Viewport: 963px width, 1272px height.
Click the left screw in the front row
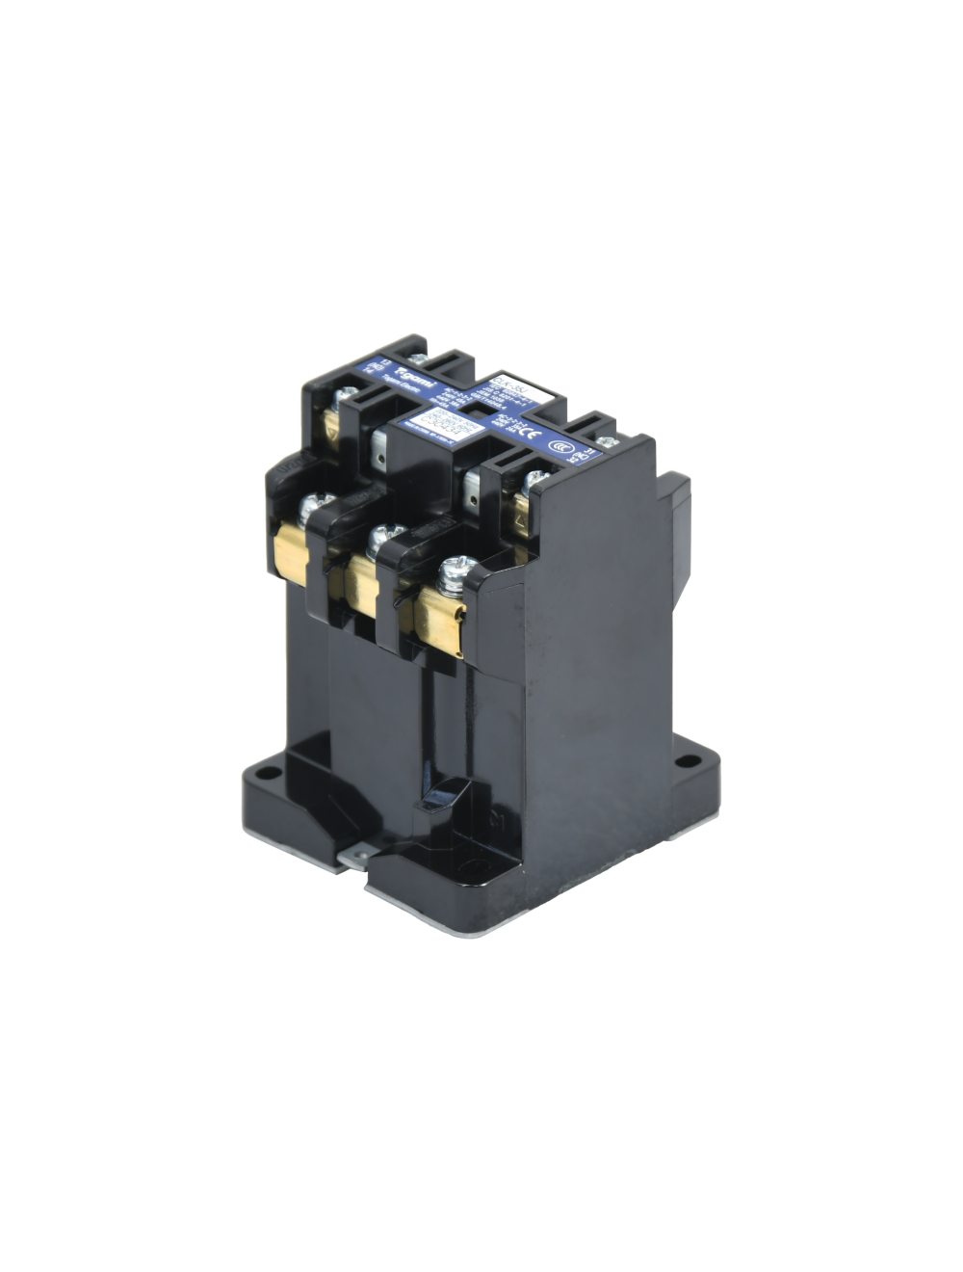(313, 505)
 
